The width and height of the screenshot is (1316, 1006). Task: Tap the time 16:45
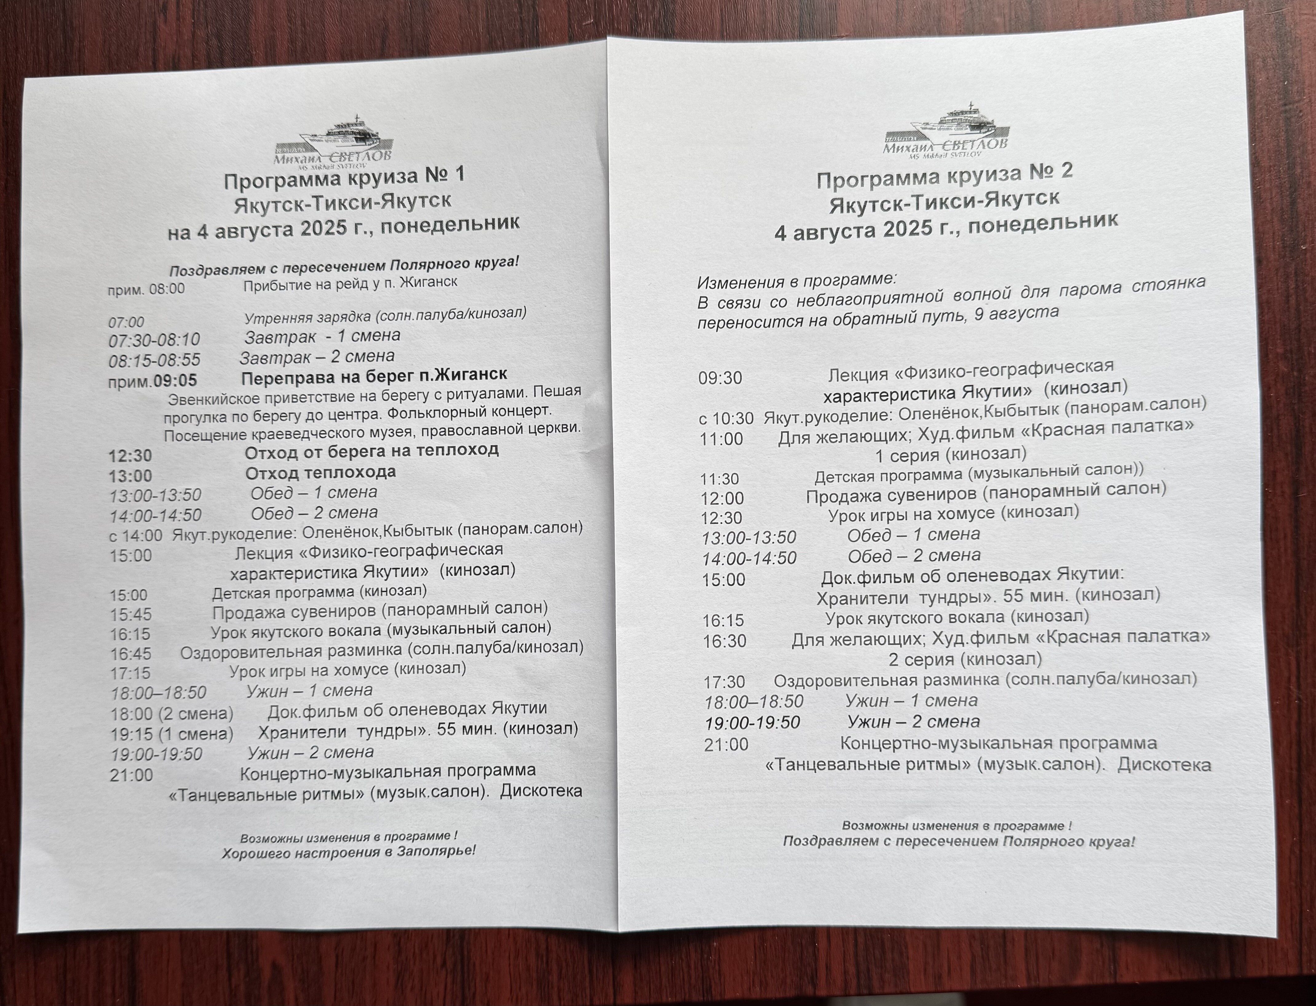(131, 653)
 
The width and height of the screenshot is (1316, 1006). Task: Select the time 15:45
(131, 614)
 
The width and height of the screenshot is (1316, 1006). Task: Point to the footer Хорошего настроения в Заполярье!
(349, 851)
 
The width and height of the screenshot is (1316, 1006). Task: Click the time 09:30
(720, 378)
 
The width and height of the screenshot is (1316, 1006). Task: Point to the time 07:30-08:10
(154, 340)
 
